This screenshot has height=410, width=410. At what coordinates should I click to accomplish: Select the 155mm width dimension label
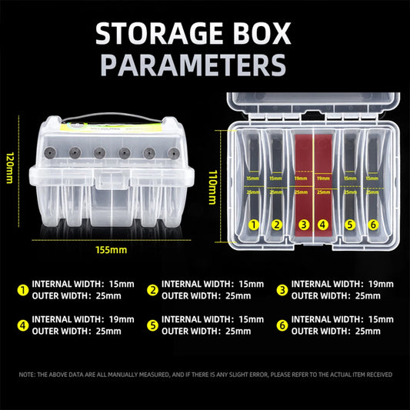[112, 249]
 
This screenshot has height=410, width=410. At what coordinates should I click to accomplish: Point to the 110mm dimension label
[213, 187]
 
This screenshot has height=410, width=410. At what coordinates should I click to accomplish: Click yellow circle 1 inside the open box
[253, 225]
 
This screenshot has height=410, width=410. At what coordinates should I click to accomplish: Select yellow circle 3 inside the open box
[304, 225]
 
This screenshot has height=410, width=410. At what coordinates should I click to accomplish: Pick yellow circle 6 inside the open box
[373, 225]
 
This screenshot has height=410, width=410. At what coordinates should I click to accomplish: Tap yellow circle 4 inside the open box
[323, 225]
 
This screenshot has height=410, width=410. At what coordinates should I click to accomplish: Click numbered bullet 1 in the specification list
[22, 290]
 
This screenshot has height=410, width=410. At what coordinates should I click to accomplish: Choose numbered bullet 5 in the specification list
[153, 325]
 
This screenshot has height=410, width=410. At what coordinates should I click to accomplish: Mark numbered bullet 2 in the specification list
[153, 290]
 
